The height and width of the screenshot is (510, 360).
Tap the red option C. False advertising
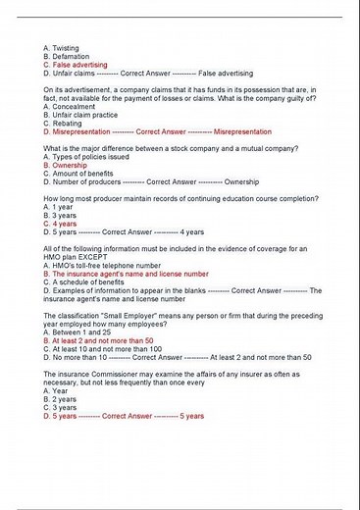tap(76, 65)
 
